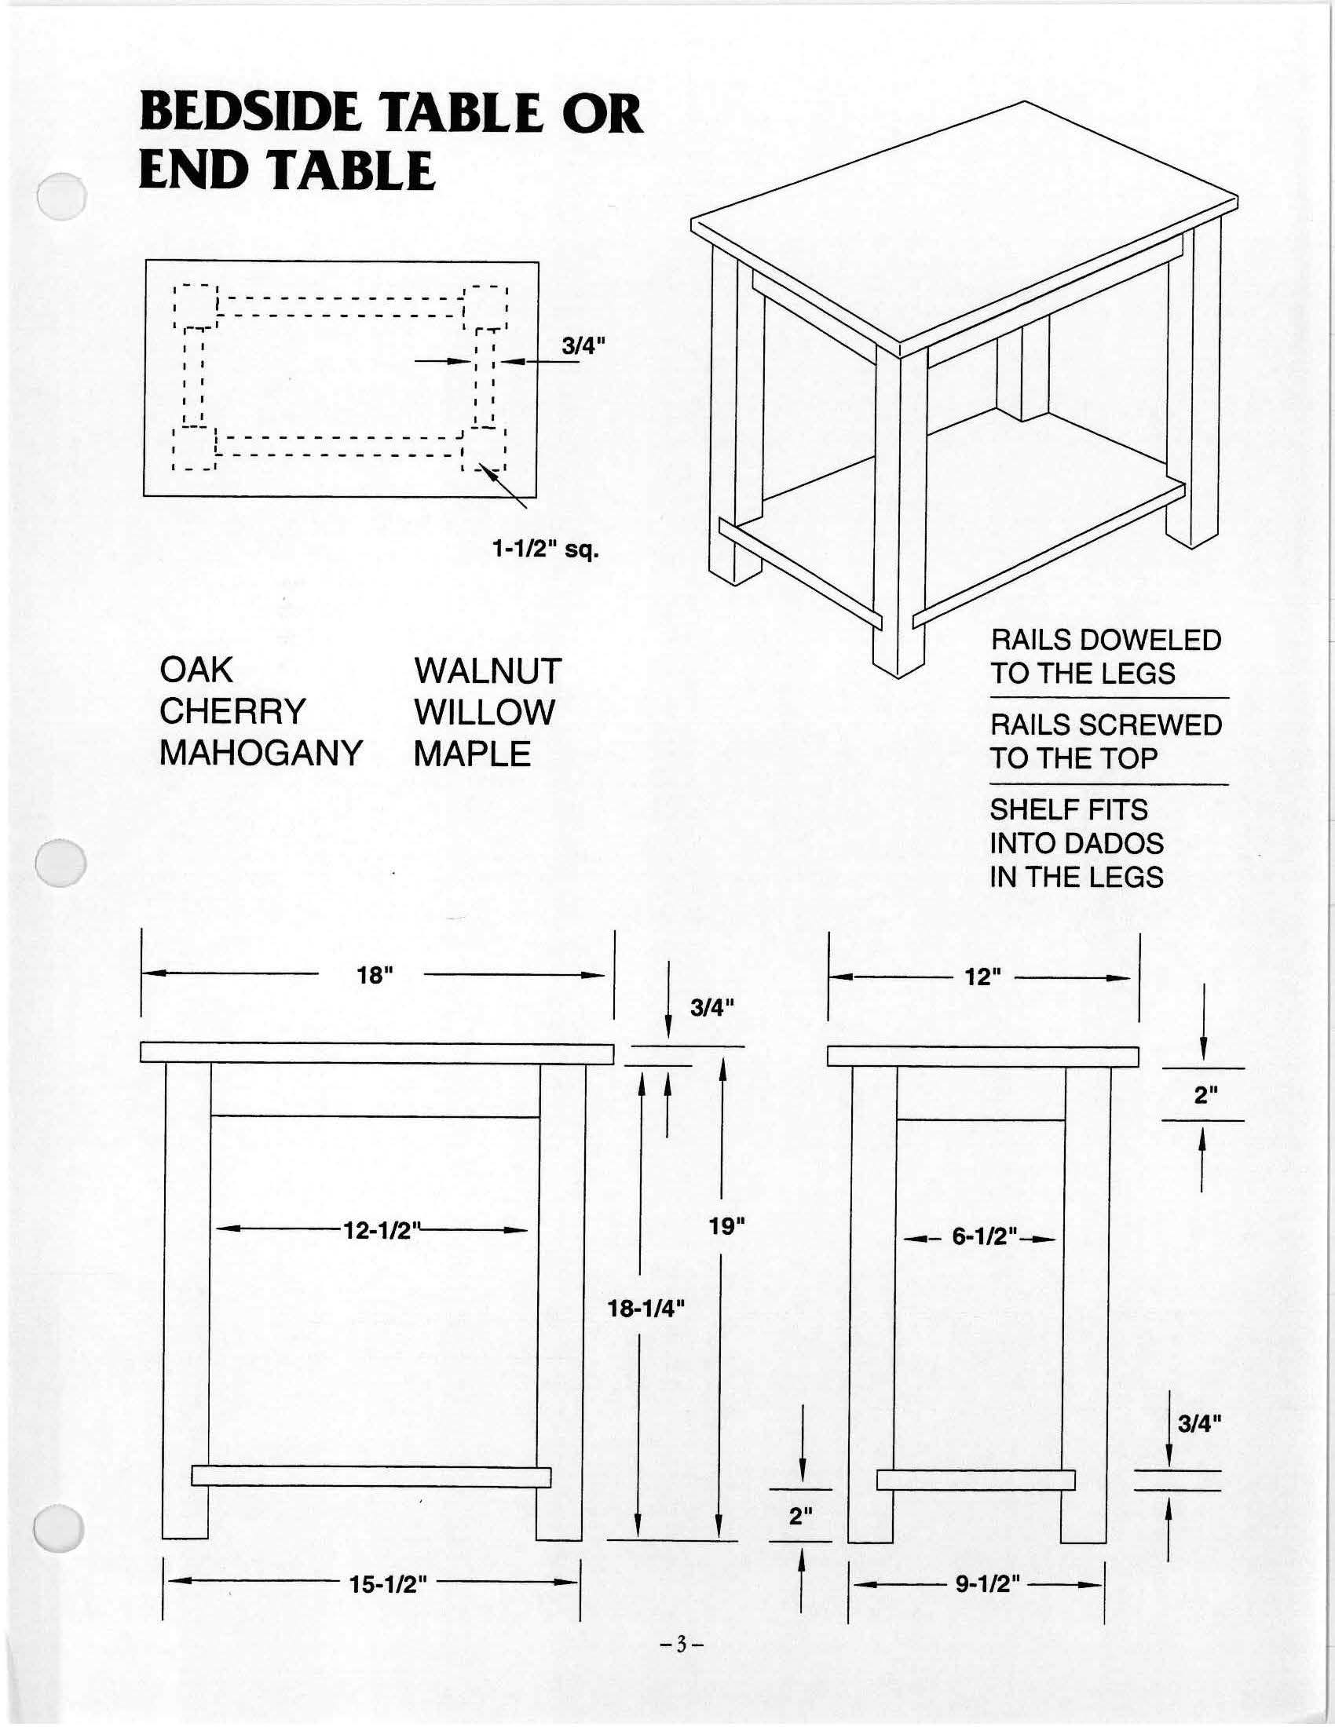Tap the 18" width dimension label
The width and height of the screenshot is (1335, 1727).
[374, 975]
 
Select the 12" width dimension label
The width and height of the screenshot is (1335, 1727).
[983, 977]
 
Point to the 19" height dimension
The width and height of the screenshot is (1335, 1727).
[728, 1226]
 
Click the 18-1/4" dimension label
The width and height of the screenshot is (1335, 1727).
[645, 1309]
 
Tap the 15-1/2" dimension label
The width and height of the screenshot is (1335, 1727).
[388, 1584]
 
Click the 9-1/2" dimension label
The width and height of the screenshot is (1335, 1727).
[988, 1584]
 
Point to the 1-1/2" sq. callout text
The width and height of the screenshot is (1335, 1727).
[546, 549]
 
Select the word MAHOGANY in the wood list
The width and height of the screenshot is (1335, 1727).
[261, 753]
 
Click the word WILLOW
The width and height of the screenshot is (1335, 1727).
[484, 713]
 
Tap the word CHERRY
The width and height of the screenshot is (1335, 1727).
[232, 712]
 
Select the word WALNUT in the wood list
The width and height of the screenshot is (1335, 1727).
[487, 671]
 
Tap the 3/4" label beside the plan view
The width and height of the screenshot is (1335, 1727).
[583, 345]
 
